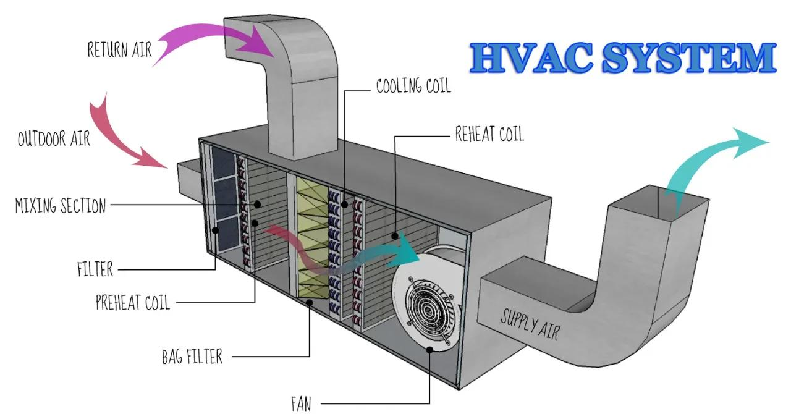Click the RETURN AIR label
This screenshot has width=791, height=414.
click(x=119, y=49)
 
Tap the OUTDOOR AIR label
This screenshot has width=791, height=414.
click(x=54, y=138)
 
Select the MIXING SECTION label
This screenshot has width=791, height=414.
click(x=61, y=205)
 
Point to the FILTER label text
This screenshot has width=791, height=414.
click(x=95, y=269)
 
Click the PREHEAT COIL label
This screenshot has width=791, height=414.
click(x=132, y=303)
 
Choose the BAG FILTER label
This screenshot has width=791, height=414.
click(x=192, y=357)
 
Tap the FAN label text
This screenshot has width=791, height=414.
click(x=301, y=403)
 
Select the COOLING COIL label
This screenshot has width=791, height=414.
click(x=413, y=86)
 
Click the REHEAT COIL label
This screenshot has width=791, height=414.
click(x=489, y=133)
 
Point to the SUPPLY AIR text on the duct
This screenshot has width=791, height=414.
click(x=530, y=323)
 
